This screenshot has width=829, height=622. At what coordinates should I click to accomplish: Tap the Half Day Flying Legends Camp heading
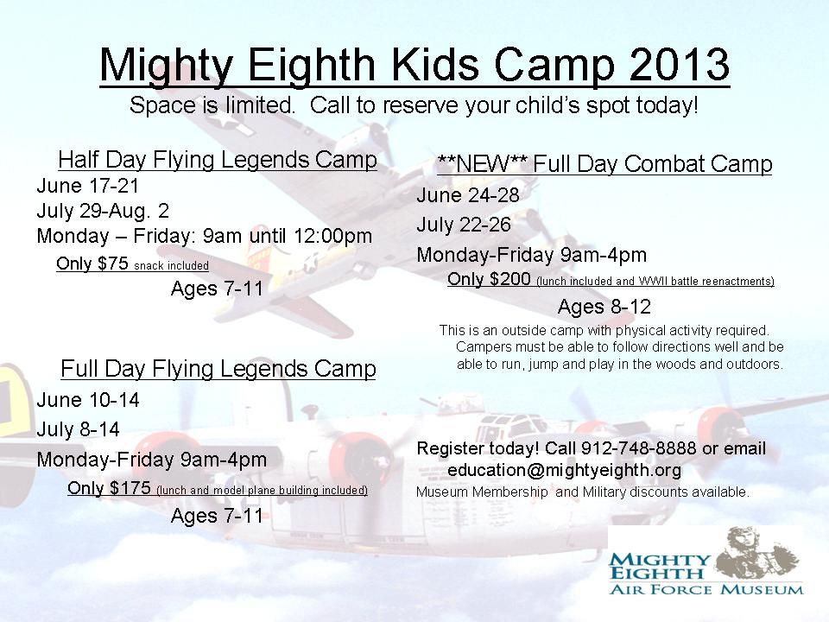(x=218, y=159)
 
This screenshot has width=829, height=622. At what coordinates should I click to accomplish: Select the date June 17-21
(x=88, y=186)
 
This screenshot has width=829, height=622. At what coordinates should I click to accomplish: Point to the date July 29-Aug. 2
(x=103, y=211)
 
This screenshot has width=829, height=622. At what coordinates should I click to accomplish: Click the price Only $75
(x=92, y=263)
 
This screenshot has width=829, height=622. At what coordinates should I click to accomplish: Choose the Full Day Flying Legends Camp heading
(x=218, y=368)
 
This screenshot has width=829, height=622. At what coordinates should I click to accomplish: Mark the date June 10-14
(x=88, y=400)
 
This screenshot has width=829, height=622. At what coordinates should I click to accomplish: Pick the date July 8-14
(x=79, y=429)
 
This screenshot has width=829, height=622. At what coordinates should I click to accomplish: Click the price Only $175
(x=109, y=487)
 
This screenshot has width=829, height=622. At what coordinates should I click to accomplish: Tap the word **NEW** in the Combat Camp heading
(x=482, y=163)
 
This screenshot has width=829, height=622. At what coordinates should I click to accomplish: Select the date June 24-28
(x=468, y=195)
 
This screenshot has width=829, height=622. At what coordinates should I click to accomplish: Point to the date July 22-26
(x=464, y=225)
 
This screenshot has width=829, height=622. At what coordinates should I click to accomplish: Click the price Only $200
(x=489, y=278)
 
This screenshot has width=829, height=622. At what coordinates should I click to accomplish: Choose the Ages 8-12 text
(x=604, y=306)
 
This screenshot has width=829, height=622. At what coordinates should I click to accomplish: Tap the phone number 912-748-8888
(x=639, y=448)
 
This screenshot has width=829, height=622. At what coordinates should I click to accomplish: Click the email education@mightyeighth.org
(x=564, y=470)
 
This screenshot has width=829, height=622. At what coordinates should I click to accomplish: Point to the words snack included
(x=171, y=265)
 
